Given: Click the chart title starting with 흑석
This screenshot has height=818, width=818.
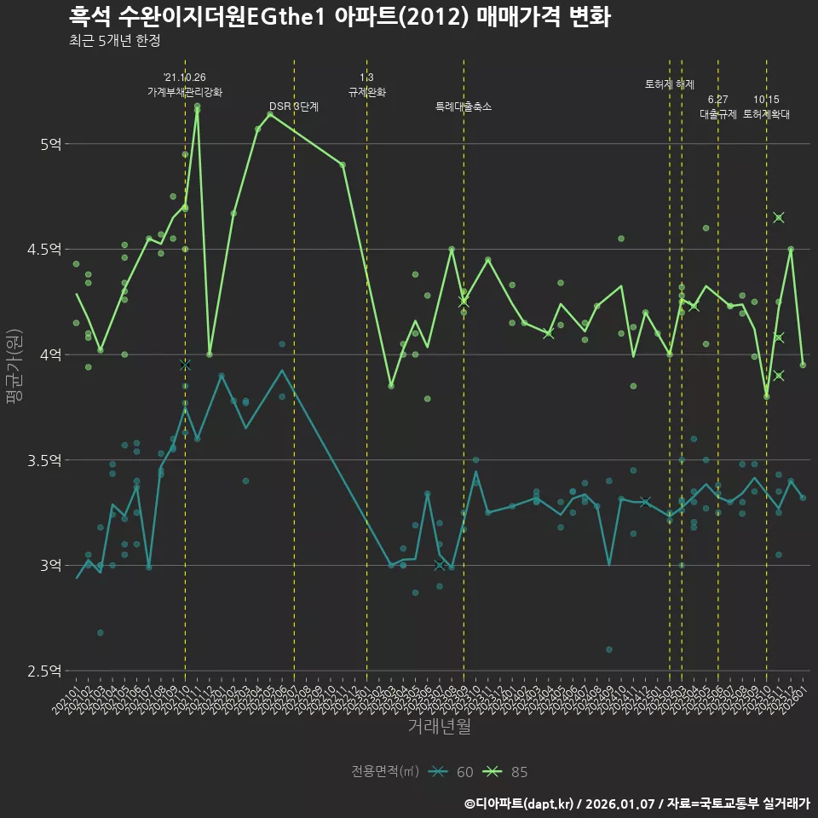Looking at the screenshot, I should (x=339, y=17).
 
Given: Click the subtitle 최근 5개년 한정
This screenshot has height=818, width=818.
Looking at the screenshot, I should (x=114, y=41).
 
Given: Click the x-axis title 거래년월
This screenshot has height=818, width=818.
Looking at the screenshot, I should (x=439, y=727).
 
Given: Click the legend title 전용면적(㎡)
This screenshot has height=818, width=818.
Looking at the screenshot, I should (x=384, y=772).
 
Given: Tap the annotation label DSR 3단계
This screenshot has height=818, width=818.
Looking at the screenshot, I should (x=294, y=107).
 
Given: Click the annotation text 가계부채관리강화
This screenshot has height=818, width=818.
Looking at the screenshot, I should (x=185, y=92).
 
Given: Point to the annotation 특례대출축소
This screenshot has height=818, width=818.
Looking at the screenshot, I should (x=464, y=107).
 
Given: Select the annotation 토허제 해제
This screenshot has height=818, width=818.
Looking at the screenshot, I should (x=670, y=84).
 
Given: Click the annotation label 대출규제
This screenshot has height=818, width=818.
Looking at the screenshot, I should (x=718, y=113).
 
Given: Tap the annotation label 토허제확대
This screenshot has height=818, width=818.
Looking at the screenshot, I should (x=766, y=113).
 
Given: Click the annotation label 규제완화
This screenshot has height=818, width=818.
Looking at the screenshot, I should (x=367, y=92).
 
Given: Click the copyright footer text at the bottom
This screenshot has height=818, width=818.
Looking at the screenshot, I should (x=637, y=804).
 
